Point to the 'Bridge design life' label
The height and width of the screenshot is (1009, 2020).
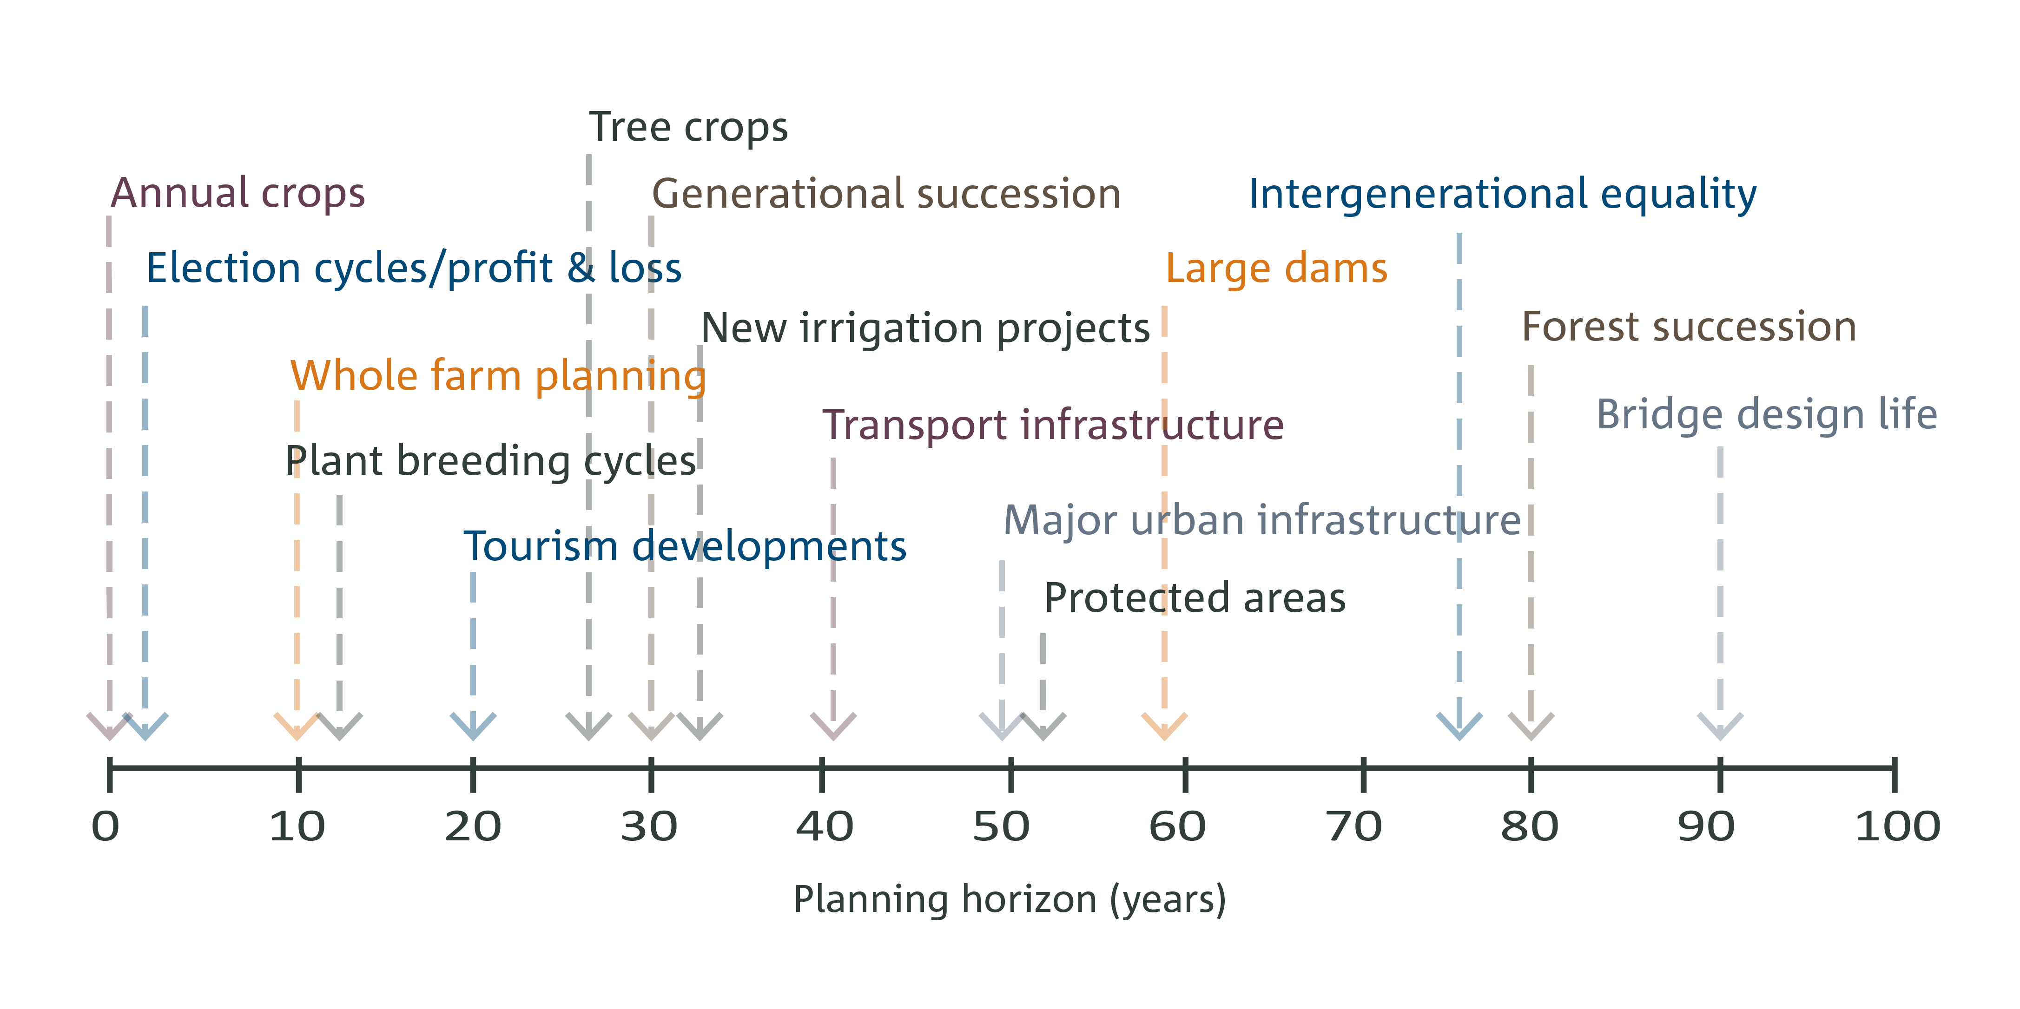[x=1767, y=415]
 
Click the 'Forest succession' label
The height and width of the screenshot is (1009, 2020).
[x=1689, y=327]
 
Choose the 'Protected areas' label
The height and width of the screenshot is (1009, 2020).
[x=1195, y=598]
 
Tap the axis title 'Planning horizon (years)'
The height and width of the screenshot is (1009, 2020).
[x=1010, y=900]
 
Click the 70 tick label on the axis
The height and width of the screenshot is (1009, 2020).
[x=1354, y=827]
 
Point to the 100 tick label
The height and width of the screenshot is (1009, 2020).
[x=1898, y=827]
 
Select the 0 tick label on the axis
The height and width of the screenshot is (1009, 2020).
[x=106, y=827]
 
